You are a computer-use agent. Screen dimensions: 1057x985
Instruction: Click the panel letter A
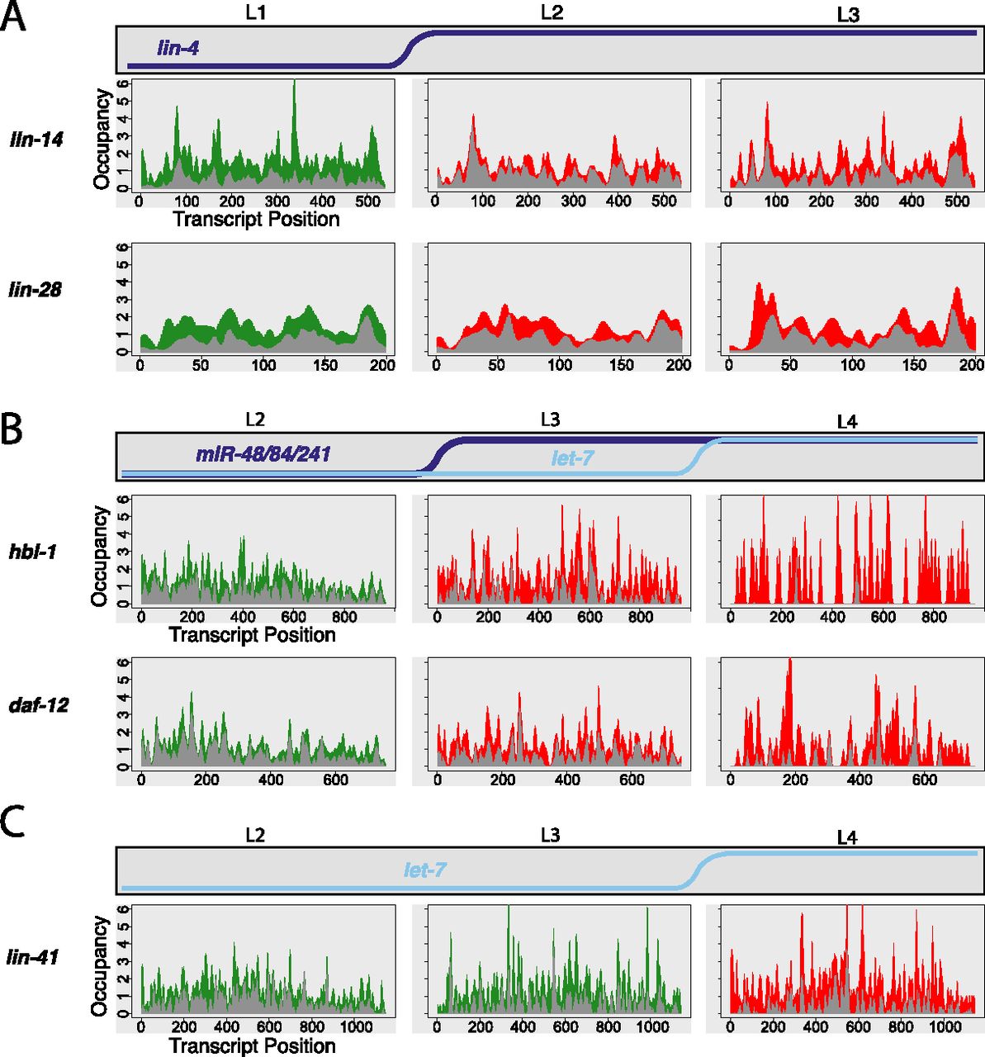[x=14, y=17]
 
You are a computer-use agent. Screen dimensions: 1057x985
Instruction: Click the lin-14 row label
[x=36, y=140]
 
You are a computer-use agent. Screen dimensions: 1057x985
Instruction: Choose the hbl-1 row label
[x=33, y=551]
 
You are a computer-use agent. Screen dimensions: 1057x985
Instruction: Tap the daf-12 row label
[x=39, y=705]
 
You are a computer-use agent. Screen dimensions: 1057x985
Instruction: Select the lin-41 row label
[x=34, y=958]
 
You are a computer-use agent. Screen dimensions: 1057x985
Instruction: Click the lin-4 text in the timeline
[x=178, y=49]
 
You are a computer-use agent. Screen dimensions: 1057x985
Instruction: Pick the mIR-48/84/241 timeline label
[x=263, y=453]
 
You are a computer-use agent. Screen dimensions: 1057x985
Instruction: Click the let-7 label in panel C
[x=425, y=870]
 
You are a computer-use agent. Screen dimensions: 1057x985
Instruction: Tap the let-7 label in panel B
[x=572, y=457]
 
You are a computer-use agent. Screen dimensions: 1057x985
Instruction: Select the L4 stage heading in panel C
[x=847, y=838]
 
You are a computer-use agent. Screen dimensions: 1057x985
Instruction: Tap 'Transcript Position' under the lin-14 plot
[x=256, y=220]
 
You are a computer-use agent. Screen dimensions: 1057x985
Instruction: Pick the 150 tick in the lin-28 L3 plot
[x=914, y=365]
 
